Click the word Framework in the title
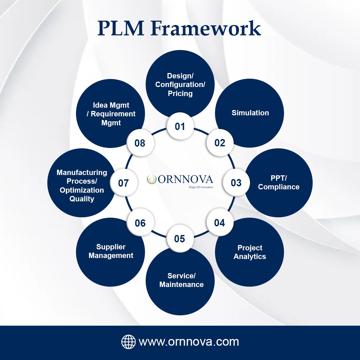pos(206,28)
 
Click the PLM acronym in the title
pos(121,28)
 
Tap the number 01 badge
pos(180,126)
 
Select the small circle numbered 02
pos(220,143)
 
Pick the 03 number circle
pos(236,183)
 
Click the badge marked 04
pos(219,222)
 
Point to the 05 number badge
pos(180,239)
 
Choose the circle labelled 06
pos(140,223)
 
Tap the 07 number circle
pos(124,183)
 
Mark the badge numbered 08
pos(140,143)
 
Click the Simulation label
pos(250,113)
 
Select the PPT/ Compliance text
pos(279,183)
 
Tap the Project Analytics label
pos(250,252)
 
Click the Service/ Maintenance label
pos(181,280)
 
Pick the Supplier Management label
pos(111,251)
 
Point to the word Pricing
pos(180,93)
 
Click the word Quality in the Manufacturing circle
pos(82,199)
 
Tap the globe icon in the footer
pos(128,342)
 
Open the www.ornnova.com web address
pos(189,342)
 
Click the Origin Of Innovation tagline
pos(201,187)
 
